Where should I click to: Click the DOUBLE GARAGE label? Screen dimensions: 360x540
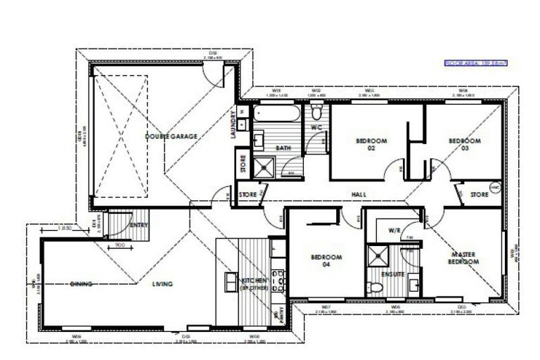(x=171, y=136)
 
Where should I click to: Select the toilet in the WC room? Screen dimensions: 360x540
(x=317, y=114)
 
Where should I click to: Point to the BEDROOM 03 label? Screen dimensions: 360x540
(x=465, y=145)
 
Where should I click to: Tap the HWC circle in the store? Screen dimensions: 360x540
(x=494, y=188)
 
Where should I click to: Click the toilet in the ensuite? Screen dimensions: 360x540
(x=376, y=286)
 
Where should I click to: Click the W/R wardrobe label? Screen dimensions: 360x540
(x=394, y=231)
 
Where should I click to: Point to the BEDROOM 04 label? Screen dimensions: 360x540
(x=326, y=262)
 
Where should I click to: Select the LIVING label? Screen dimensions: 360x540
(x=163, y=284)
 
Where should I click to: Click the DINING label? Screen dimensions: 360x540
(x=82, y=284)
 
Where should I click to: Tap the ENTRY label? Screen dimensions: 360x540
(x=139, y=225)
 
